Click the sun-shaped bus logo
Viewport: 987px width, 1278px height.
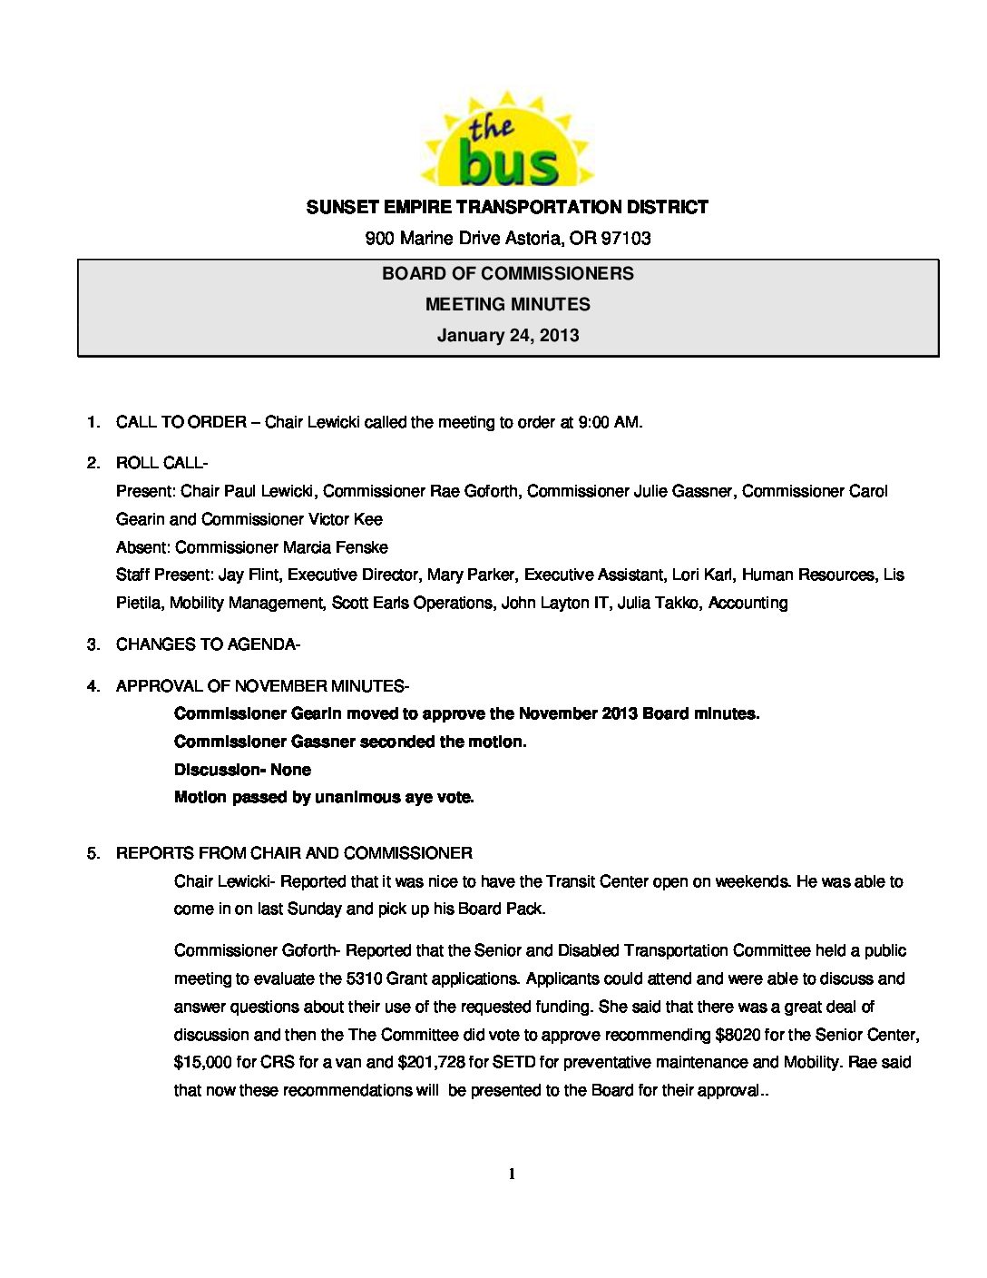(506, 142)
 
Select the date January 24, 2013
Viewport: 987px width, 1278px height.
(507, 335)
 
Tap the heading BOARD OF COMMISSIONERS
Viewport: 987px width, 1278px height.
(507, 273)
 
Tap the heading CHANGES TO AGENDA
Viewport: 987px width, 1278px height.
(205, 644)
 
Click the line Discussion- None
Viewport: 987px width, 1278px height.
(242, 770)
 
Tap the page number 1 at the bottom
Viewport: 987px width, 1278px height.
(512, 1175)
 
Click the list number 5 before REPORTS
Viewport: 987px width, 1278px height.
(92, 853)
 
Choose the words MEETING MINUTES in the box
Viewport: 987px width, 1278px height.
(507, 304)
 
